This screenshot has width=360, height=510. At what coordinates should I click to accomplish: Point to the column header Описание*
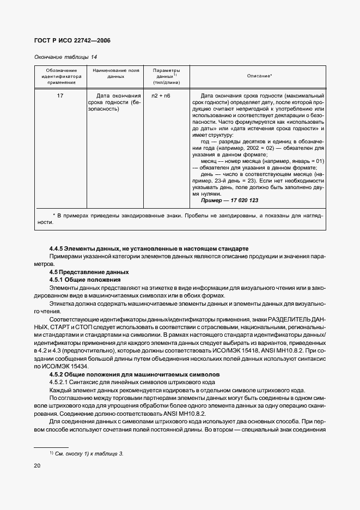(x=259, y=76)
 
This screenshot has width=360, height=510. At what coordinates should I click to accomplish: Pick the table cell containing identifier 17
(x=60, y=95)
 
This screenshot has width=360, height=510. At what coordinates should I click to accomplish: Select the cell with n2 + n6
(x=161, y=95)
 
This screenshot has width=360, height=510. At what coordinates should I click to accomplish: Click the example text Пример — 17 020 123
(x=229, y=201)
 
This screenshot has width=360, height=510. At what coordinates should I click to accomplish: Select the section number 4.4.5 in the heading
(x=57, y=248)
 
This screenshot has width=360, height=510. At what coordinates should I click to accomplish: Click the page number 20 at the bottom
(x=38, y=465)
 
